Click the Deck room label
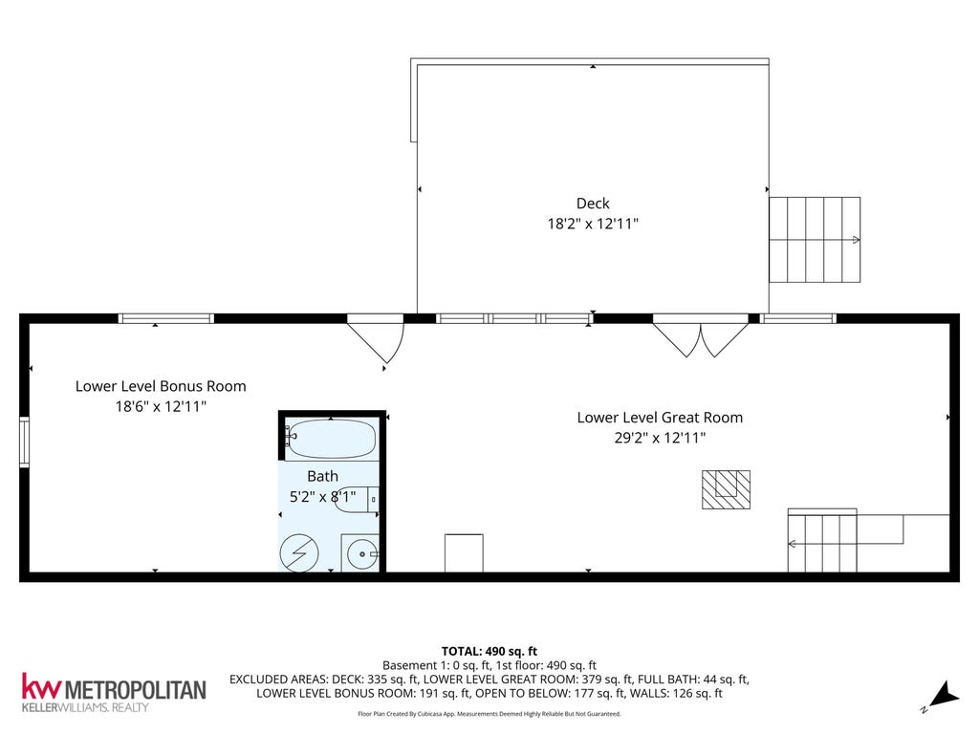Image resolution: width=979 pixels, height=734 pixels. (x=593, y=203)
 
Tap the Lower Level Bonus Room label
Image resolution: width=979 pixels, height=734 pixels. (x=161, y=386)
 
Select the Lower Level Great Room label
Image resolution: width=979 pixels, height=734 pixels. (x=660, y=417)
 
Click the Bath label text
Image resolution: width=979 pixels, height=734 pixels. (x=322, y=476)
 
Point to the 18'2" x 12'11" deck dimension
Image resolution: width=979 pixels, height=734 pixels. (x=593, y=224)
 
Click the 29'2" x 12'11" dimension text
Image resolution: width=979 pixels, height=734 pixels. (x=660, y=438)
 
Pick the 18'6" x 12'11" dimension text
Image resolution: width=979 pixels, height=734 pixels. (x=161, y=406)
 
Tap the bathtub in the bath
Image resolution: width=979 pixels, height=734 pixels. (x=332, y=439)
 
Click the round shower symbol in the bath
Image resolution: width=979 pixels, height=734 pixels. (x=299, y=553)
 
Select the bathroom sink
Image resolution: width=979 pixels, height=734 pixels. (x=360, y=553)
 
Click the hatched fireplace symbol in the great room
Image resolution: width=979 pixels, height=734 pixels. (x=726, y=489)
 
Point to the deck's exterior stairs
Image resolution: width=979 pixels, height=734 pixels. (x=815, y=240)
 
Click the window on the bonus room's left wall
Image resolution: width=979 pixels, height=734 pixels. (x=24, y=442)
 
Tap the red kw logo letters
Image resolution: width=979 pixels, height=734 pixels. (x=42, y=685)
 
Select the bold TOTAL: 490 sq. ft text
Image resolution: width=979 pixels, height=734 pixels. (x=489, y=652)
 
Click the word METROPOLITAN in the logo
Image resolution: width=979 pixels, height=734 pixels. (x=135, y=690)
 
